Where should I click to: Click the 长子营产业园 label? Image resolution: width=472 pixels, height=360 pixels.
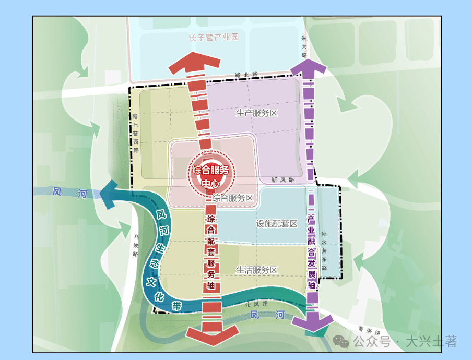click(214, 37)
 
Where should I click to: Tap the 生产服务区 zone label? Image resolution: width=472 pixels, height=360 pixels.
click(256, 113)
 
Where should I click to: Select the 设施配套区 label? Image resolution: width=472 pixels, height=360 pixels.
click(276, 224)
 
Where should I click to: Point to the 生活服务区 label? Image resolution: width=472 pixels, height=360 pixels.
click(256, 270)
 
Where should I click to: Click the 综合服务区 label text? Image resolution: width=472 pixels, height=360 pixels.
click(233, 198)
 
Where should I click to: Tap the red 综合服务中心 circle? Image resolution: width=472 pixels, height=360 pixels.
click(211, 175)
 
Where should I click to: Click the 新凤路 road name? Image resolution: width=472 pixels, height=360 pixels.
click(282, 180)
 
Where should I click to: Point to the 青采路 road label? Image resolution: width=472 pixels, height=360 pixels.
click(370, 330)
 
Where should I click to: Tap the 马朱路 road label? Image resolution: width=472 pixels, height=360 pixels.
click(136, 246)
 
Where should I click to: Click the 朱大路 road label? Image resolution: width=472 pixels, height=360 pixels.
click(304, 46)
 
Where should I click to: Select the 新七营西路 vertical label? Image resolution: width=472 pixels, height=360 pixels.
click(135, 134)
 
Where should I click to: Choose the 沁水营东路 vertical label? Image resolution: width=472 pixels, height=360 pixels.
click(324, 251)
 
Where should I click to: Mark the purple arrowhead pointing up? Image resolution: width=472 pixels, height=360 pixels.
click(308, 66)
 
